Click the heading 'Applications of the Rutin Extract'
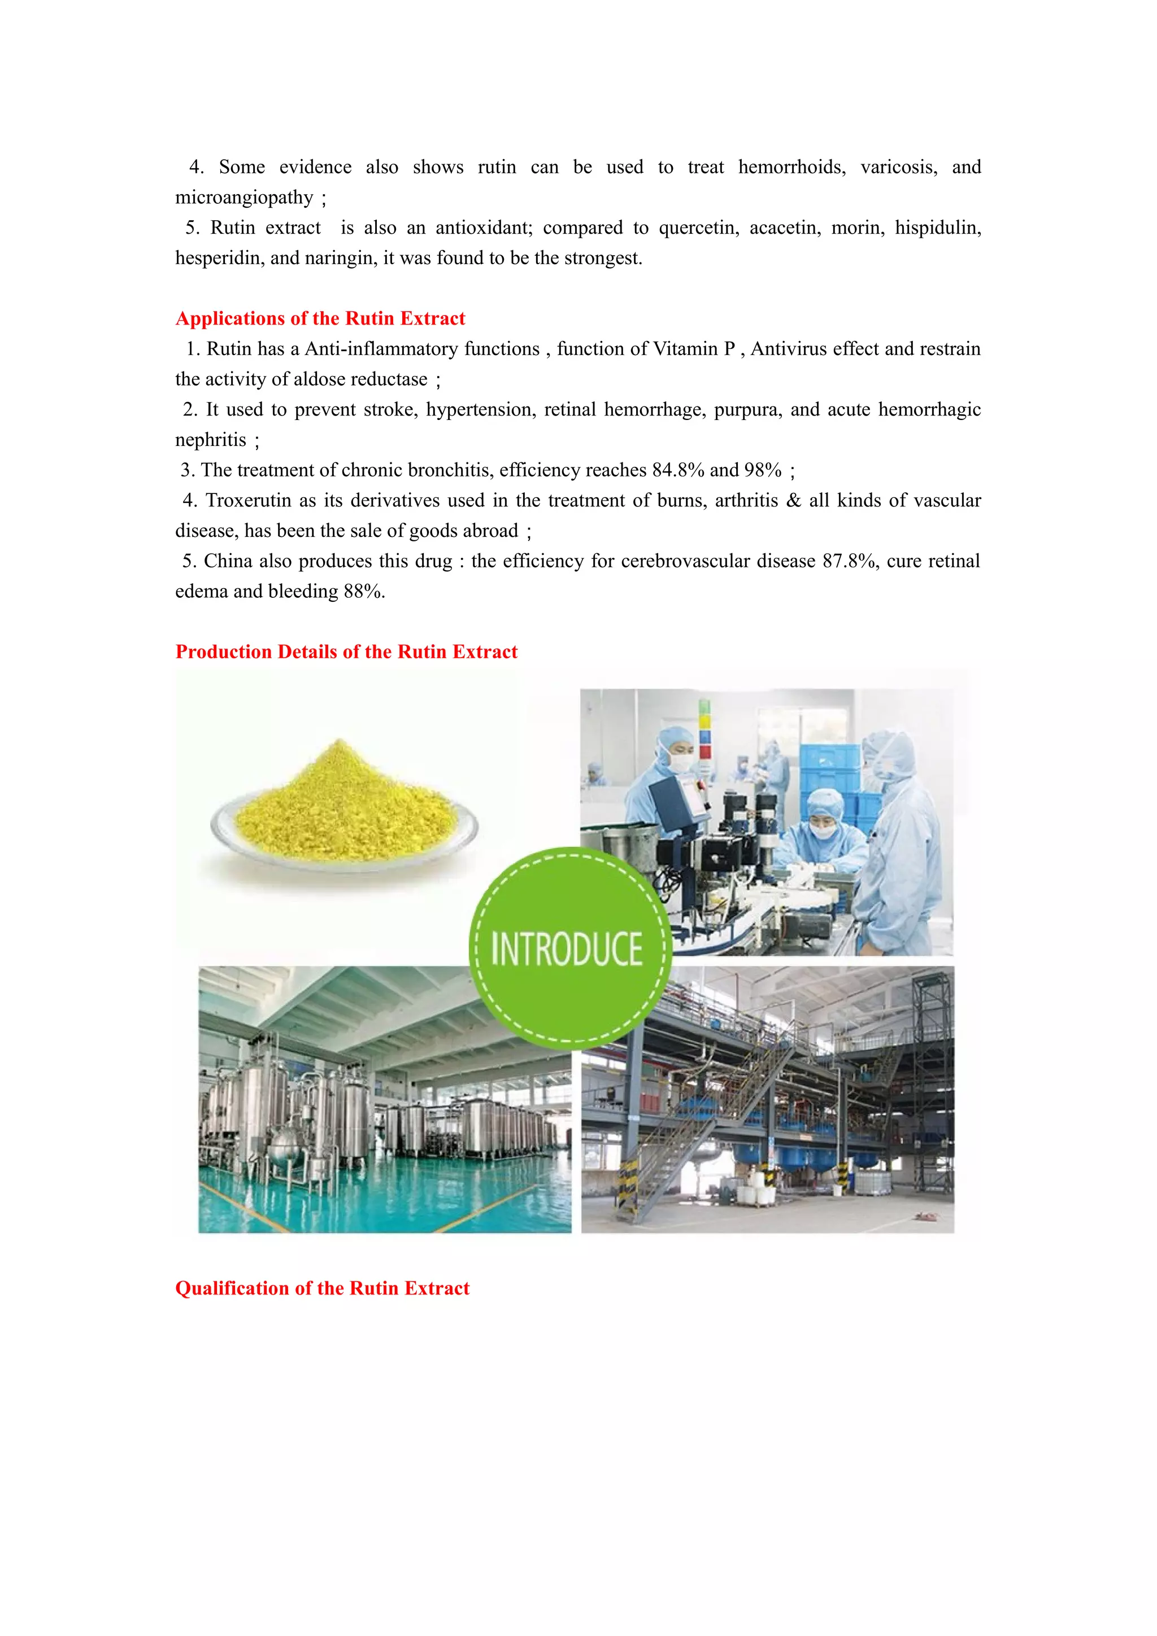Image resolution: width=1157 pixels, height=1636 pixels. point(320,318)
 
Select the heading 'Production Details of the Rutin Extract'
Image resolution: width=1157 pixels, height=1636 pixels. point(346,652)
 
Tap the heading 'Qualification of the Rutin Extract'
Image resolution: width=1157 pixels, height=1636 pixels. point(322,1288)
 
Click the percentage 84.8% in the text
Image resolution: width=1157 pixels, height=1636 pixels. point(678,470)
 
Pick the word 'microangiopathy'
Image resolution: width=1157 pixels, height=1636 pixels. point(244,198)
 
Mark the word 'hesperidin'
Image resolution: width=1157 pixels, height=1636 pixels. point(219,258)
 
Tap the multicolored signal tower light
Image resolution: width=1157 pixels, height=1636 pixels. point(704,730)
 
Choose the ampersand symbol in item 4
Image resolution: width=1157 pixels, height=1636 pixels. point(793,501)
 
